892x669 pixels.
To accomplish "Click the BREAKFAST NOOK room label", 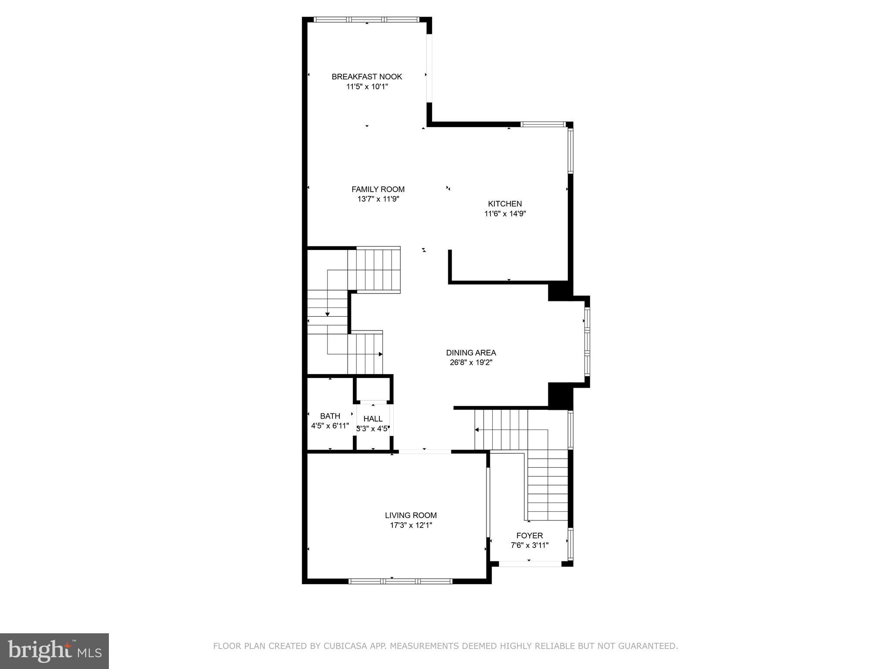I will click(367, 77).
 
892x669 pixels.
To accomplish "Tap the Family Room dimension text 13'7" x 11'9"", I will click(378, 199).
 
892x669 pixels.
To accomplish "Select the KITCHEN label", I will click(505, 203).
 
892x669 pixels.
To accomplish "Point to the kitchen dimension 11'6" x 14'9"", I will click(505, 213).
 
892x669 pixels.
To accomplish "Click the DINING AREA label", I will click(471, 353).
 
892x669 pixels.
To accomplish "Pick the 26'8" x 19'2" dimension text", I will click(471, 362).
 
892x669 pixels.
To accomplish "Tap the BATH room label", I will click(330, 416).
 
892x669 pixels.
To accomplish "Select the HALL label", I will click(373, 419).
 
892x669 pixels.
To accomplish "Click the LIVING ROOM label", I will click(411, 515).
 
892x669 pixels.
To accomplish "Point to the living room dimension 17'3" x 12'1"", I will click(411, 525).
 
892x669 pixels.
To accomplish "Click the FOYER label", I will click(529, 536).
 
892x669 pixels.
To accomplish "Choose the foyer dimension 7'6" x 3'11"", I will click(529, 545).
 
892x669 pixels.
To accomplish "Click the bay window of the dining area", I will click(587, 341).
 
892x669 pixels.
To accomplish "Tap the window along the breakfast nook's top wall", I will click(366, 20).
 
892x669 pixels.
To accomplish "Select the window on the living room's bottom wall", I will click(400, 581).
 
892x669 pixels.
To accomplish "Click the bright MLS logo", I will click(54, 651).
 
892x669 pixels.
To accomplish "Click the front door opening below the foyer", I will click(530, 564).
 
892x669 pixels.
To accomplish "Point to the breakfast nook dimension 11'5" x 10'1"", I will click(367, 87).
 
